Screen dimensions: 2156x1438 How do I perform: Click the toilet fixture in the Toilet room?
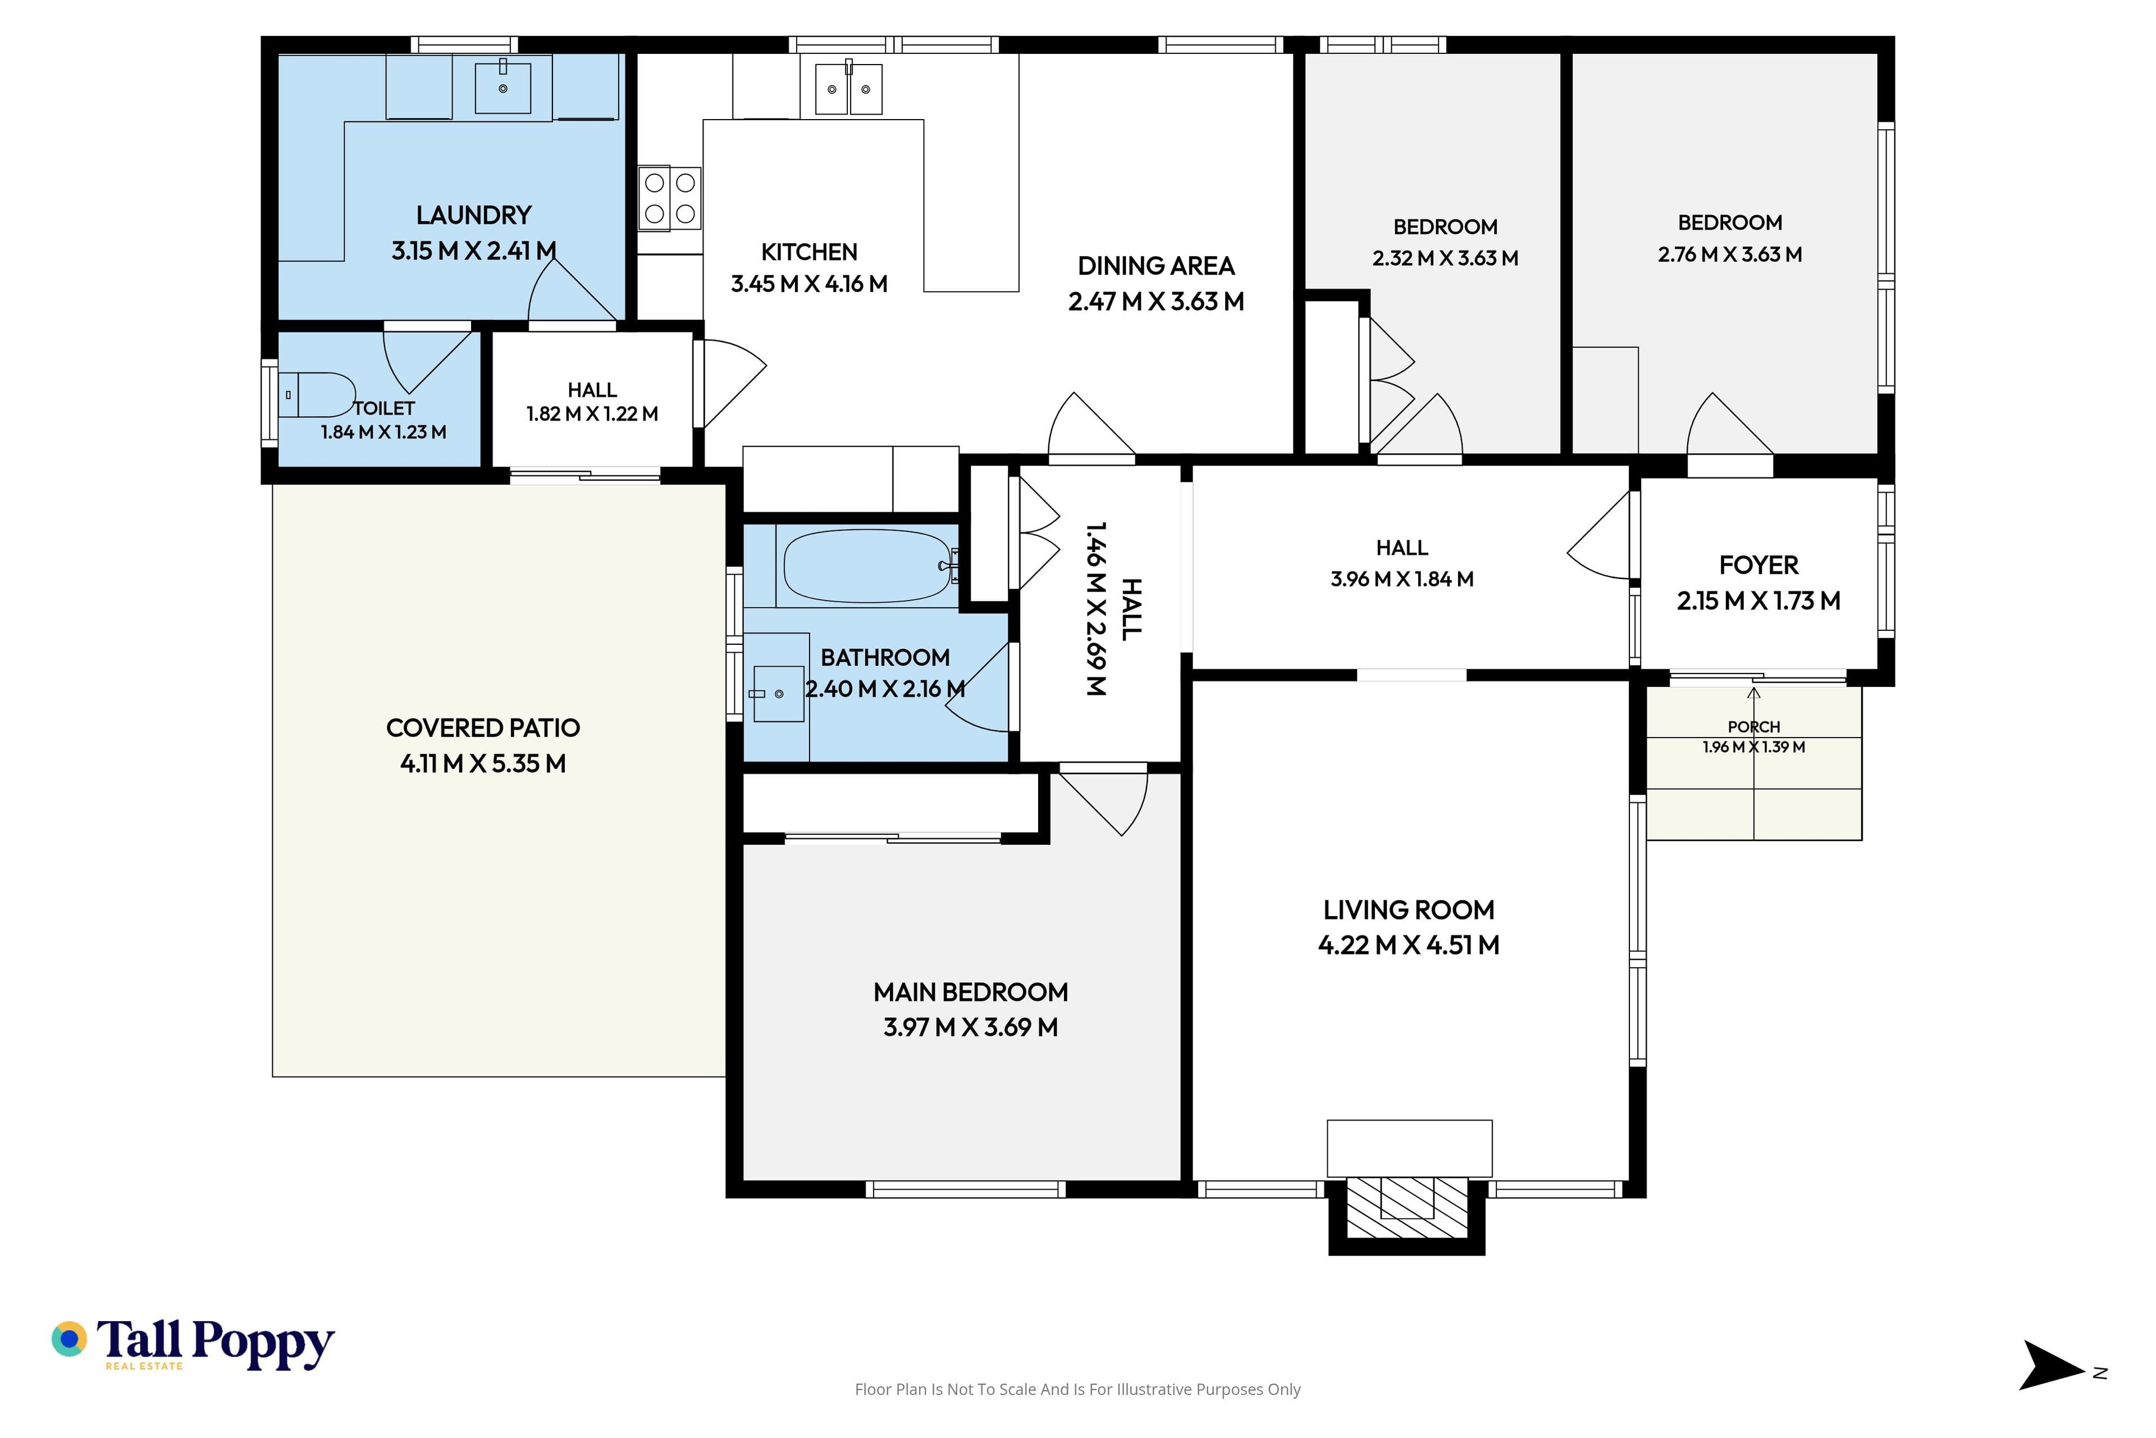point(316,395)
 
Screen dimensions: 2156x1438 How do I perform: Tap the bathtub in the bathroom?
point(866,566)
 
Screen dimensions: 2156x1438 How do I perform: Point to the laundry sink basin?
point(503,87)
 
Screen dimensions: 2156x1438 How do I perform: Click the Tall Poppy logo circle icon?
point(68,1339)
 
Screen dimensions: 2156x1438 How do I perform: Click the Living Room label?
point(1409,910)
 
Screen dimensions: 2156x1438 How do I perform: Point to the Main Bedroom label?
point(971,993)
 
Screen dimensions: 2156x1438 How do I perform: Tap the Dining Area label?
point(1156,266)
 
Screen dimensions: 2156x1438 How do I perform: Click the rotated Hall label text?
point(1131,609)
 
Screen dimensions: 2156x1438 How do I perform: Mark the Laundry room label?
point(474,216)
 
